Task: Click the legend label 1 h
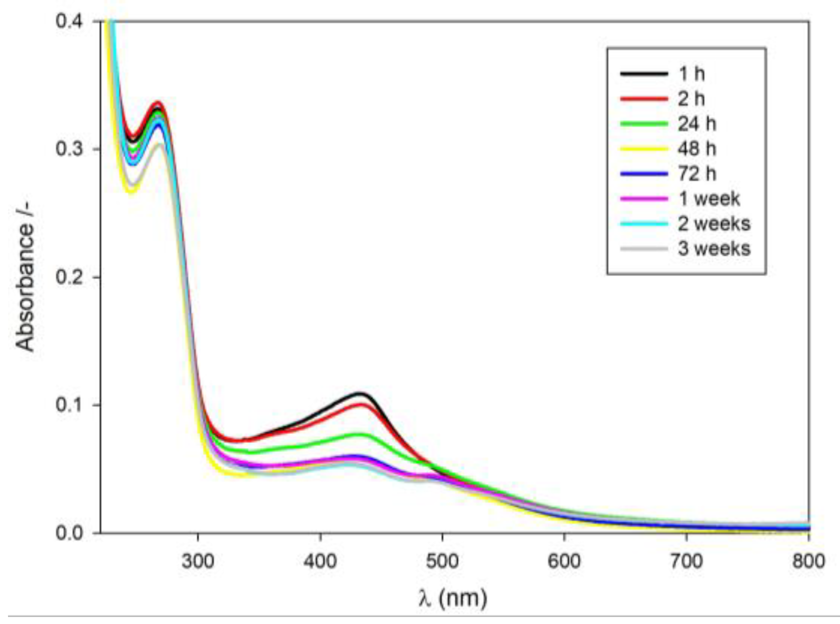pos(691,74)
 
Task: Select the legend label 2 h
pos(691,99)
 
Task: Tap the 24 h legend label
pos(697,124)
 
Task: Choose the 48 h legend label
pos(697,149)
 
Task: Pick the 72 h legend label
pos(697,174)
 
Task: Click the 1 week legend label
pos(709,199)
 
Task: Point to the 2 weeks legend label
pos(714,224)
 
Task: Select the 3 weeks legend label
pos(714,249)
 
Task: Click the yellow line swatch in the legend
pos(644,149)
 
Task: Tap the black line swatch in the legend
pos(644,74)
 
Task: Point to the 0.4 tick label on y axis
pos(71,22)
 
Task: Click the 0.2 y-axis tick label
pos(71,277)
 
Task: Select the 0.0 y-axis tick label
pos(71,533)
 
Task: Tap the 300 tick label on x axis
pos(198,561)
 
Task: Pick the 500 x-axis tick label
pos(442,561)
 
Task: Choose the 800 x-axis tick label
pos(808,561)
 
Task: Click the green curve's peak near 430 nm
pos(361,434)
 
